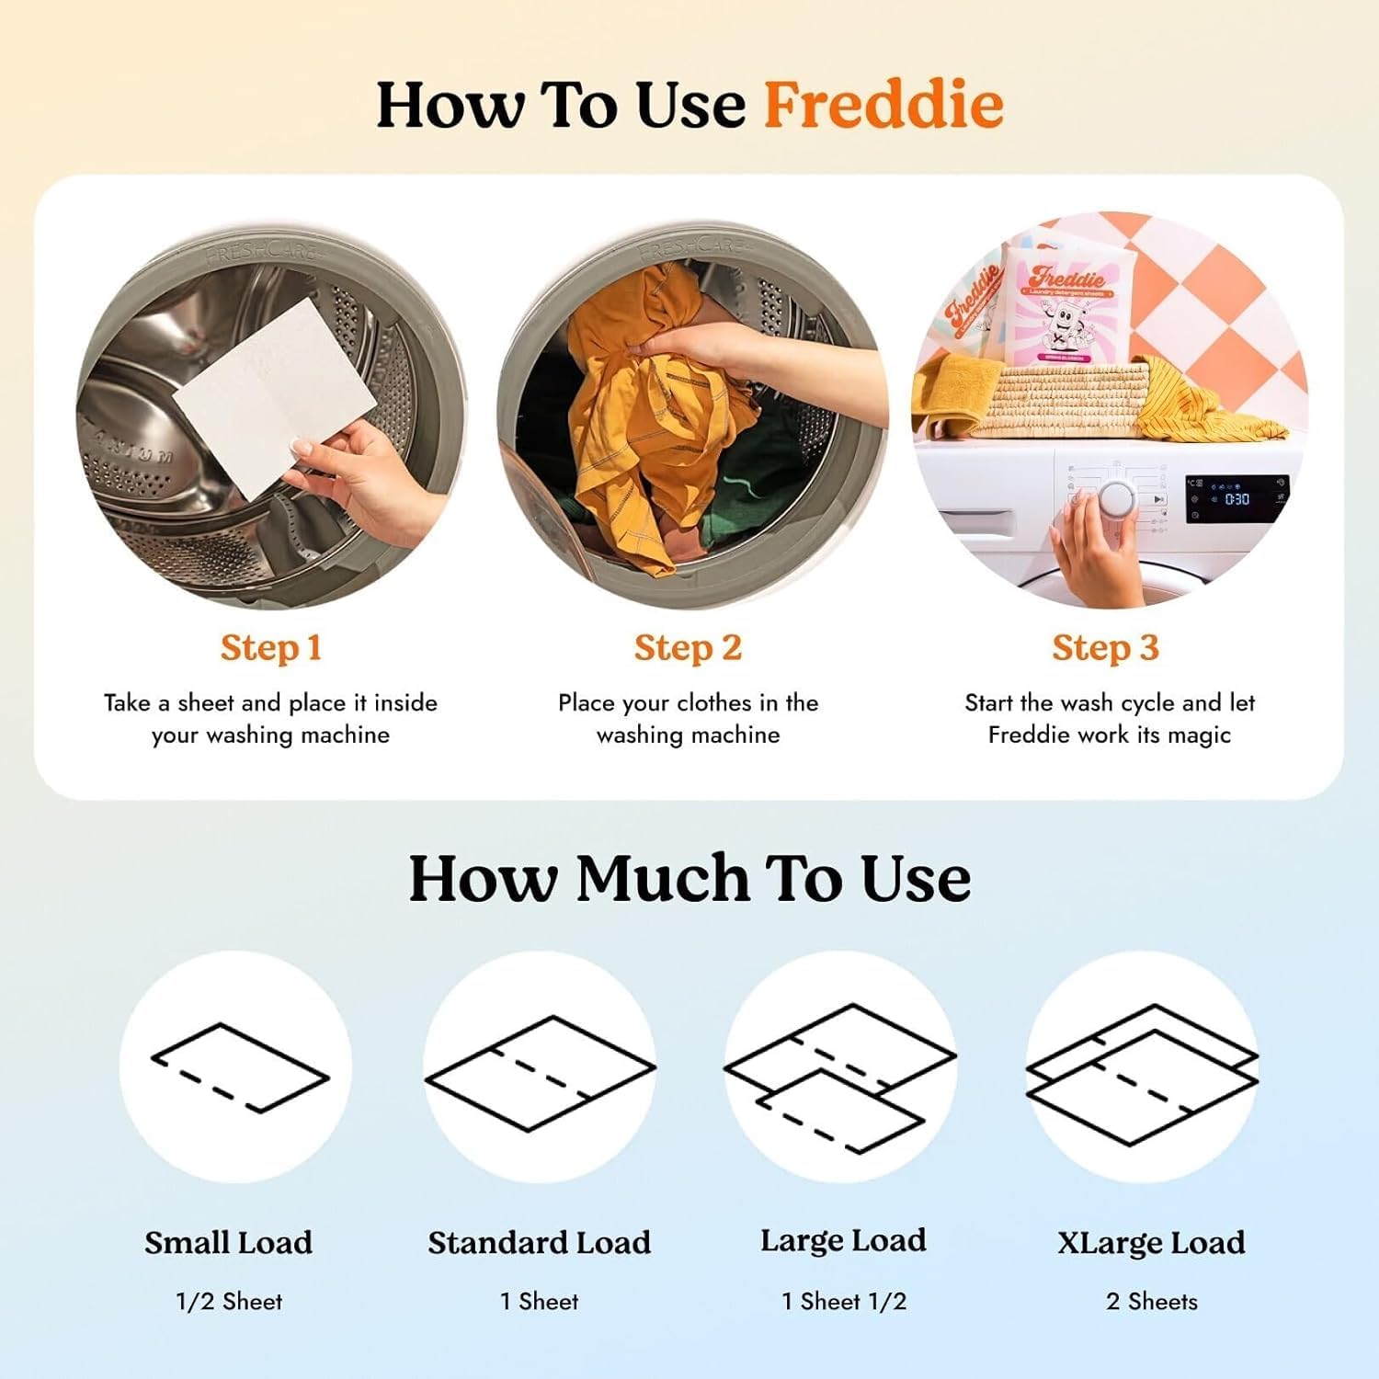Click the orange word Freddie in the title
(883, 105)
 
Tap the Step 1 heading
(270, 648)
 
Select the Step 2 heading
(688, 648)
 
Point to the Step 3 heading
(1105, 648)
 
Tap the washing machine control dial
(1117, 499)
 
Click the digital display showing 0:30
(1237, 498)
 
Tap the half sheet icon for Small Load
(239, 1067)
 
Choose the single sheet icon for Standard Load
(540, 1072)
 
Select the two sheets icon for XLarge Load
(1142, 1074)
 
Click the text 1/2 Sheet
(229, 1301)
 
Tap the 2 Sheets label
(1151, 1301)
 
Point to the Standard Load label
(539, 1242)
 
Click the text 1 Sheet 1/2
(843, 1301)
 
